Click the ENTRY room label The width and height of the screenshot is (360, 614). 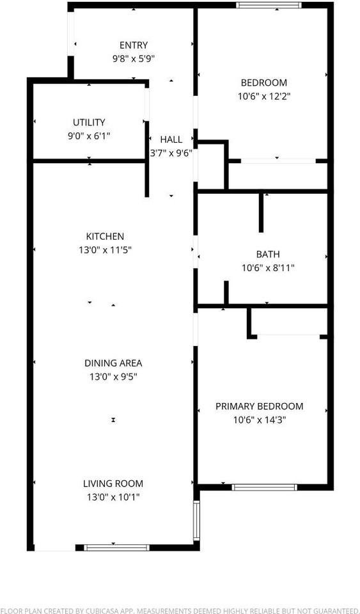(134, 45)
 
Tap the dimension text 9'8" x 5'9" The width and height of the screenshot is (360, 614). (134, 58)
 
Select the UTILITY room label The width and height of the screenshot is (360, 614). (89, 122)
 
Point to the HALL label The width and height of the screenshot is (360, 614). (171, 139)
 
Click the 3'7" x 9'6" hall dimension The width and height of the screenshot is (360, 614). (171, 153)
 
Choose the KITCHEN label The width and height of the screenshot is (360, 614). (106, 236)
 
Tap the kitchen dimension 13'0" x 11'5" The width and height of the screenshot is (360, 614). (106, 249)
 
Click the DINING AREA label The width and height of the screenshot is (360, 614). (113, 363)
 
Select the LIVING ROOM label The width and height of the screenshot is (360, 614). (113, 484)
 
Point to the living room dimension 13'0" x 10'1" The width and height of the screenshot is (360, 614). (113, 497)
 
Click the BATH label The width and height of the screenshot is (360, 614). (268, 255)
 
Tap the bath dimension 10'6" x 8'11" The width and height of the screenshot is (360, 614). (268, 268)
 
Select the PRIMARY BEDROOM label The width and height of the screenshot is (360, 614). (259, 407)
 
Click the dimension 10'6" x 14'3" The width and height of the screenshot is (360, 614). (259, 420)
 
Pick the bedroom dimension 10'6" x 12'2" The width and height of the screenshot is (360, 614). (263, 96)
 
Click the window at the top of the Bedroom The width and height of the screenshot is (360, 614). (269, 6)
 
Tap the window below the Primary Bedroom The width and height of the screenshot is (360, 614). (264, 487)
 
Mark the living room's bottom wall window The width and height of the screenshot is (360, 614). (117, 547)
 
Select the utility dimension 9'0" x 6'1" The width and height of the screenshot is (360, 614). (89, 136)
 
